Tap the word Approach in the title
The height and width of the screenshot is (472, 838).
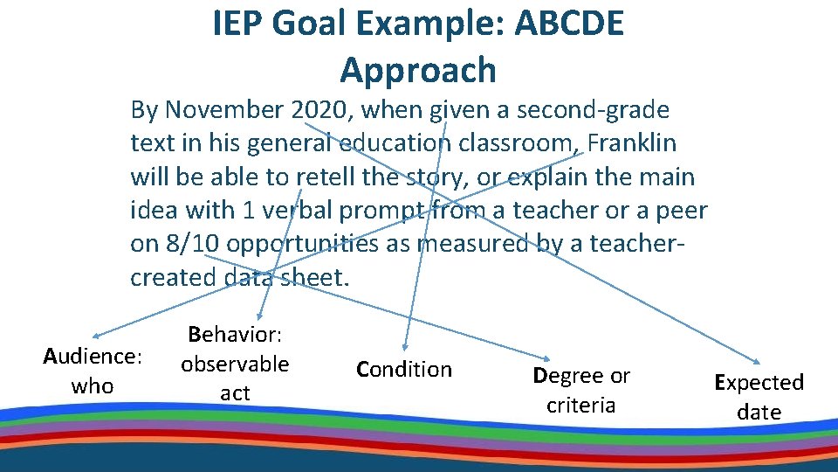418,70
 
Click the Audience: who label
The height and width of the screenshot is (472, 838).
93,371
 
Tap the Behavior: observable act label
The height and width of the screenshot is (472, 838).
235,363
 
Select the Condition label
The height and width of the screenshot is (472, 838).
404,370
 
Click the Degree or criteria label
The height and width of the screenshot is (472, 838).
581,390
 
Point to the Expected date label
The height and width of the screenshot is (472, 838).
759,397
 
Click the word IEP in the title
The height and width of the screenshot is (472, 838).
237,24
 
